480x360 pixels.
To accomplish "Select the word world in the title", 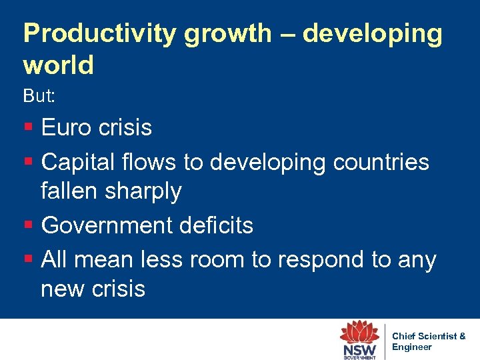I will click(58, 65).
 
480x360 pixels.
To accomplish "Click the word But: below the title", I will click(39, 96).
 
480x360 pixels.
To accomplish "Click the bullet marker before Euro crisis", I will click(27, 127).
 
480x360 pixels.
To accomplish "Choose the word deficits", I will click(214, 225).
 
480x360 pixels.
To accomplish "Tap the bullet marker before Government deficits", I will click(27, 226).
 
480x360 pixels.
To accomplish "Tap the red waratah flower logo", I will click(359, 331).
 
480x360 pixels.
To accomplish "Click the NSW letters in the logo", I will click(359, 349).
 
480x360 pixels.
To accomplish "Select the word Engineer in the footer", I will click(412, 347).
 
